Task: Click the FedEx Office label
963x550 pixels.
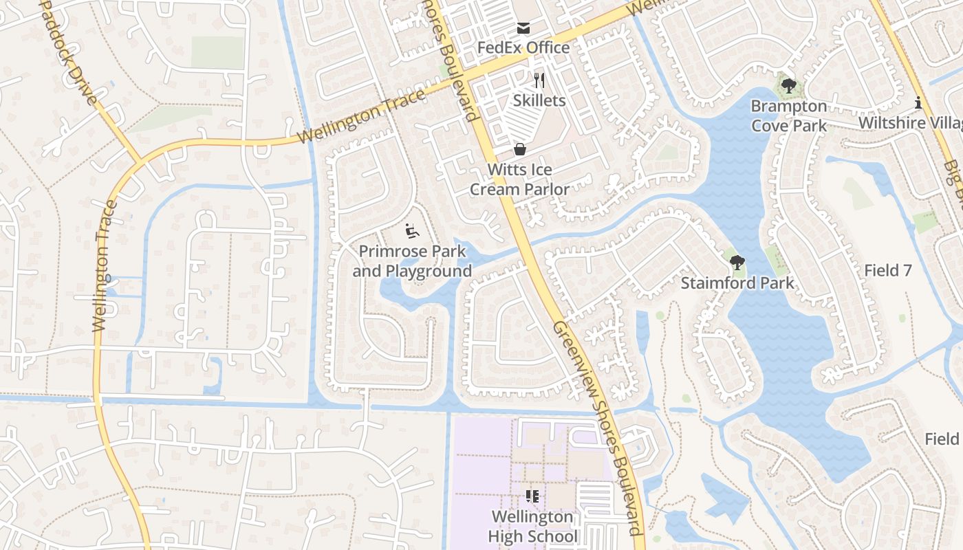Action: [x=523, y=47]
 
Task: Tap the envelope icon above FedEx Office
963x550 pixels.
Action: [x=523, y=28]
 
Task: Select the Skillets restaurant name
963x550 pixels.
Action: [x=539, y=100]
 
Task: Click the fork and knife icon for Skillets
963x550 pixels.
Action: [x=539, y=81]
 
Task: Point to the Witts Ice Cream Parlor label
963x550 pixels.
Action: [x=519, y=179]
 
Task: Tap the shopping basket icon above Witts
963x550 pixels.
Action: [x=520, y=149]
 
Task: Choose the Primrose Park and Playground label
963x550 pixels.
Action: [x=412, y=261]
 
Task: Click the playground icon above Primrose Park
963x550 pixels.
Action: [x=411, y=232]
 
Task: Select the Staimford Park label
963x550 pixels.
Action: [x=737, y=283]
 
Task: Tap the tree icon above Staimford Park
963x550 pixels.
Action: [x=737, y=262]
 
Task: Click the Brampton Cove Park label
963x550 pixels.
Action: [x=788, y=115]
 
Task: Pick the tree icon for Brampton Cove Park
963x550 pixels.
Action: [x=788, y=86]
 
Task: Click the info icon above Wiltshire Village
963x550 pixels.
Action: [x=918, y=103]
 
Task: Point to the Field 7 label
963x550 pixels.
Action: [x=887, y=270]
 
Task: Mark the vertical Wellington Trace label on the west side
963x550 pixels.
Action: [x=102, y=265]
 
